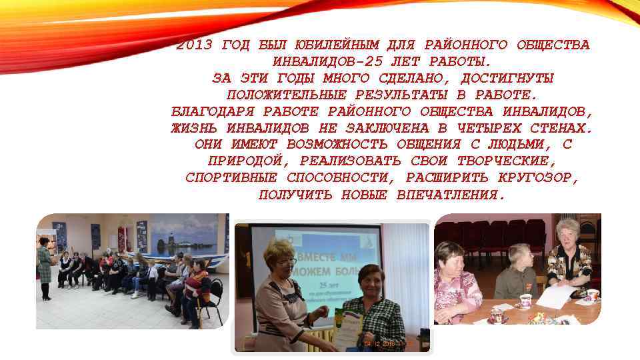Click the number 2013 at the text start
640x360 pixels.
tap(194, 45)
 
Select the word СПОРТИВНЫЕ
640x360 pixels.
tap(233, 178)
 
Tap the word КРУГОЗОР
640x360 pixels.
tap(538, 178)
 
